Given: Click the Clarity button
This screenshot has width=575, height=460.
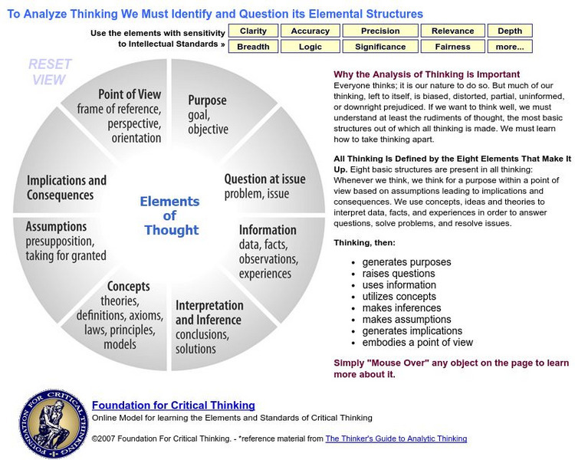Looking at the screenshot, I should (x=253, y=31).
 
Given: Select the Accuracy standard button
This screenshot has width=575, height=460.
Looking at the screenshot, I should (x=310, y=31).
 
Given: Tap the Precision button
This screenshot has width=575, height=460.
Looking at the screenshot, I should (x=380, y=31).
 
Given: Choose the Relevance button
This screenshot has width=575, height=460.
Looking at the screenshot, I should (x=452, y=31).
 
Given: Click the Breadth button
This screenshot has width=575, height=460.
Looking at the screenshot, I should (x=253, y=47).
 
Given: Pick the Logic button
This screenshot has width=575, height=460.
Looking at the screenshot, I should (x=310, y=47).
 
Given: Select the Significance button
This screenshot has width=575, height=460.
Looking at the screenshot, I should (x=380, y=47).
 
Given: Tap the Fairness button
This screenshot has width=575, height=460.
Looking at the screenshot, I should (x=452, y=47).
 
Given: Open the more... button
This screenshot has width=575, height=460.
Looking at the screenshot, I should (x=510, y=47).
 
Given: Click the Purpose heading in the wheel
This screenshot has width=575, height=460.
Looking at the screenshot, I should (x=207, y=100).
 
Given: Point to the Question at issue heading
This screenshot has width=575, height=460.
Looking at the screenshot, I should (x=264, y=179).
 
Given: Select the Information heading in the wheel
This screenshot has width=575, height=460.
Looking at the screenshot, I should (x=268, y=230).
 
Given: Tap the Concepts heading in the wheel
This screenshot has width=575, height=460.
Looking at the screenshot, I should (x=128, y=287).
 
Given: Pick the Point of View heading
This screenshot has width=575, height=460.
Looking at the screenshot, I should (x=130, y=94).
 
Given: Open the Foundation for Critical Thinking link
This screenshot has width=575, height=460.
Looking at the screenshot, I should (x=173, y=406).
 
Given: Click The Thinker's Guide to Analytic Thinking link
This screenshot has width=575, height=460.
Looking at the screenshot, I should (x=396, y=439).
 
